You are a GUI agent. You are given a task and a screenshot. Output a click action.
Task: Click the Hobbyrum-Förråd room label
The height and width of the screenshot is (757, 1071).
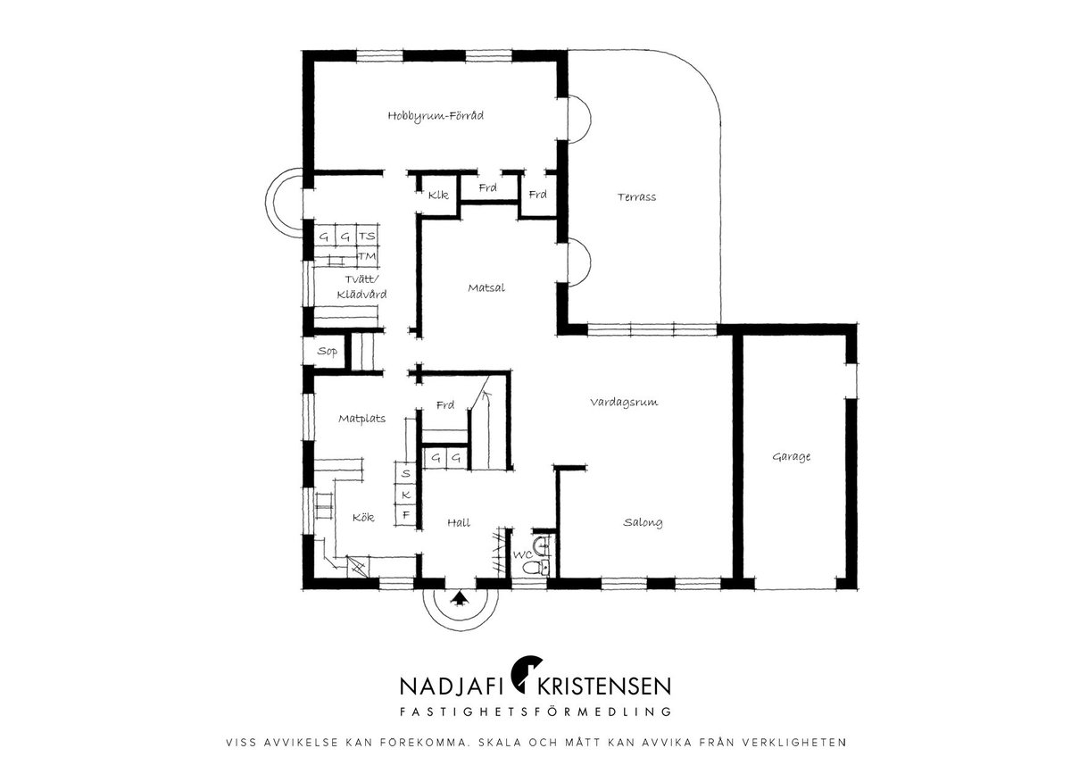436,116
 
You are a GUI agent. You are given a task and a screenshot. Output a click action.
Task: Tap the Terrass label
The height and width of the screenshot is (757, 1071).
636,197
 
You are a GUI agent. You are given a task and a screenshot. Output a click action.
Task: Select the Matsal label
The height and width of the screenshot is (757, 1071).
486,287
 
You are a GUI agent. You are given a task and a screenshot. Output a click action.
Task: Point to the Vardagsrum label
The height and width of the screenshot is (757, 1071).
624,403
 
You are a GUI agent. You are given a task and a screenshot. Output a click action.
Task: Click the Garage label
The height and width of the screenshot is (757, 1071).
792,457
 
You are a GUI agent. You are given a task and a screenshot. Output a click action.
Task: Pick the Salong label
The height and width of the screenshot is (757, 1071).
643,523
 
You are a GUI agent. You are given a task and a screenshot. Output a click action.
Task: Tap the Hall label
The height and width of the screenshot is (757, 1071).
459,523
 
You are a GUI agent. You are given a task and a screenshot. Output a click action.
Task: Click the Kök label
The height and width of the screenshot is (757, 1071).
363,518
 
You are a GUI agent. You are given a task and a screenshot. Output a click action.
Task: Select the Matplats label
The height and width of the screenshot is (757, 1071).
362,419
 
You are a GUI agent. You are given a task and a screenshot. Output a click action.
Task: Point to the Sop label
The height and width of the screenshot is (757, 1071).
327,352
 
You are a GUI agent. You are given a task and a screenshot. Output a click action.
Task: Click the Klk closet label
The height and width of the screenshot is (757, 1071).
438,195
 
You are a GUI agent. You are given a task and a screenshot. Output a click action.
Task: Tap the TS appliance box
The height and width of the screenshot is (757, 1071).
367,236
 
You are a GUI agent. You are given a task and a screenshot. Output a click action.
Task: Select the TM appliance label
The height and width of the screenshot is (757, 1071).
367,256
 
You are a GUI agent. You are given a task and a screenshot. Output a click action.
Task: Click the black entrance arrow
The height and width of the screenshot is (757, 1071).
460,598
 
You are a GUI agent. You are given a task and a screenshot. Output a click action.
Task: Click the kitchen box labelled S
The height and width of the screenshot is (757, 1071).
406,473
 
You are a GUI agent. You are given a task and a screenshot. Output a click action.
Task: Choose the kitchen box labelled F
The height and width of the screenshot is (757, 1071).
406,515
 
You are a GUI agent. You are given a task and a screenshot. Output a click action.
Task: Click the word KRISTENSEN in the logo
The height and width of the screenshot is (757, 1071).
604,686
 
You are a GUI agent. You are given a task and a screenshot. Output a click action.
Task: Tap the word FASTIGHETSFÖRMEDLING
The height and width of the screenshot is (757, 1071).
535,711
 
